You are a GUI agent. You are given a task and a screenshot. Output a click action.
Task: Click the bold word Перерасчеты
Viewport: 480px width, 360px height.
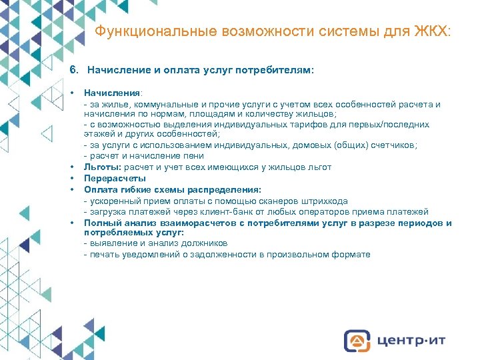coord(115,179)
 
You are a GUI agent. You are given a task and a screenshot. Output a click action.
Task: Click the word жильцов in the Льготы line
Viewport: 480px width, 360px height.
coord(281,167)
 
